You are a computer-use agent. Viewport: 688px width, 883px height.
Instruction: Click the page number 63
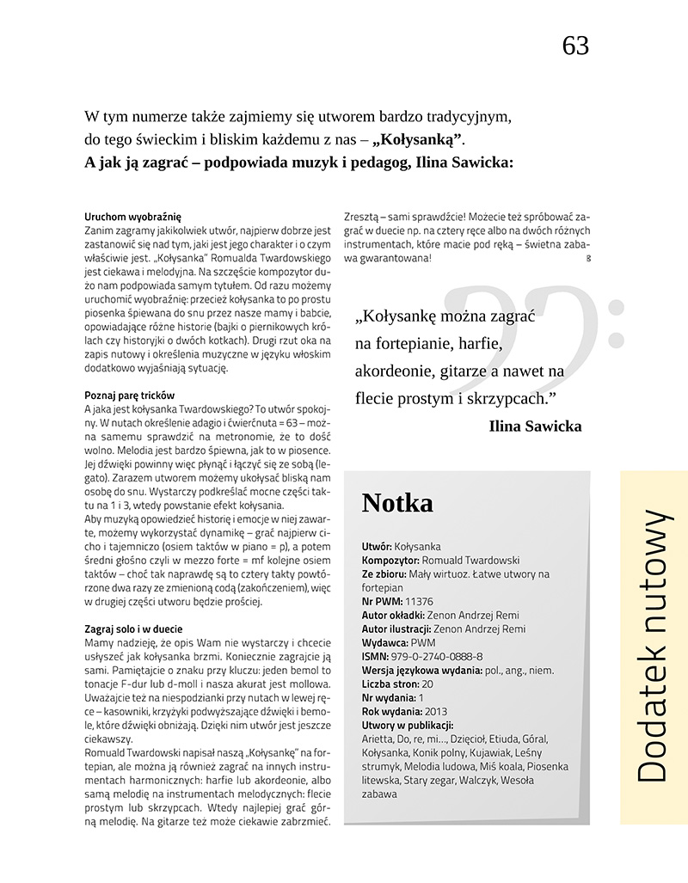pyautogui.click(x=575, y=46)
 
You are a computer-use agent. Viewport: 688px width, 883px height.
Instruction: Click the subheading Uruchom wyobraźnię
pyautogui.click(x=132, y=217)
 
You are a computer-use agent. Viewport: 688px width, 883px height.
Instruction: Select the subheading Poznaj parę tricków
pyautogui.click(x=130, y=395)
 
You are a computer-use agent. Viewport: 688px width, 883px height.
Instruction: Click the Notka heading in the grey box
pyautogui.click(x=397, y=503)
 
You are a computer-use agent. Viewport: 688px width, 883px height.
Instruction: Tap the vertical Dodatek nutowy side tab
pyautogui.click(x=654, y=645)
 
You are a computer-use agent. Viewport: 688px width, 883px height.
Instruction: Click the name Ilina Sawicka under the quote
pyautogui.click(x=535, y=426)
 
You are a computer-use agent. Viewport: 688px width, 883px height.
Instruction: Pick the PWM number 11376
pyautogui.click(x=419, y=601)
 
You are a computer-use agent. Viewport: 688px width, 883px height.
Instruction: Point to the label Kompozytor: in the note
pyautogui.click(x=391, y=560)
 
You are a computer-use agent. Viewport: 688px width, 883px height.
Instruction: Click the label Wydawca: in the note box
pyautogui.click(x=384, y=642)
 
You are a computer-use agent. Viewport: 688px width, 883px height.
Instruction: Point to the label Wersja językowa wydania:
pyautogui.click(x=422, y=670)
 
